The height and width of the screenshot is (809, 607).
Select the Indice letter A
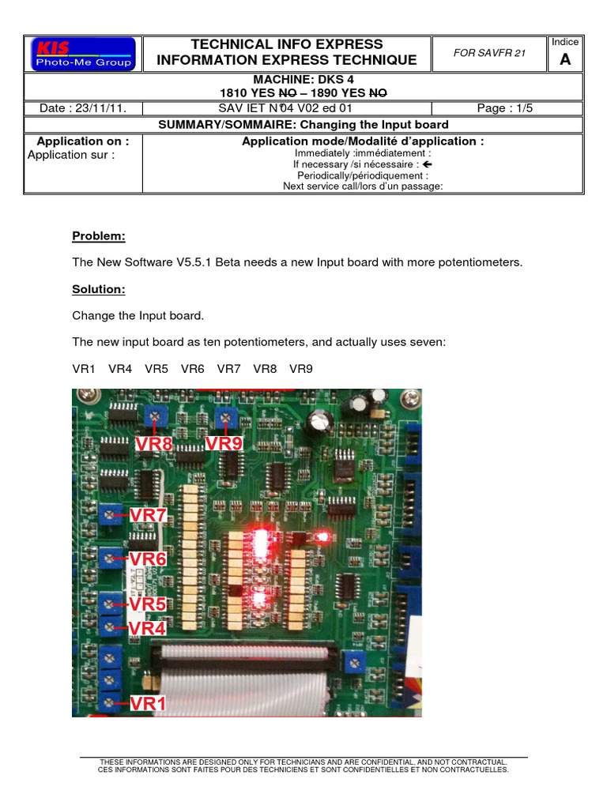coord(564,60)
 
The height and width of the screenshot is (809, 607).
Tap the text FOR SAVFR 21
coord(489,53)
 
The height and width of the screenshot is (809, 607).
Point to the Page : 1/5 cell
coord(505,108)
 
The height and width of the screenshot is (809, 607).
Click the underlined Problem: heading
coord(99,236)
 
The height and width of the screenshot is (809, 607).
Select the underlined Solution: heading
coord(99,290)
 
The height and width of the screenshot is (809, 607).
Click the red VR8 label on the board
coord(153,443)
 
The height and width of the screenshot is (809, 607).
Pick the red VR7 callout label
coord(149,515)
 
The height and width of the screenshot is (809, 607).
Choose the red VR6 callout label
coord(149,559)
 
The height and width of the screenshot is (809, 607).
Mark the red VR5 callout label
coord(148,604)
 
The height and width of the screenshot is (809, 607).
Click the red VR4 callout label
coord(148,628)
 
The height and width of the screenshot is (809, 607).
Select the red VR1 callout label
coord(148,702)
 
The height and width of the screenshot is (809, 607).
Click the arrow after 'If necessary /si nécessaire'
coord(428,164)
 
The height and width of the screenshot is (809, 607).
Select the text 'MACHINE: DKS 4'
coord(303,80)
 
